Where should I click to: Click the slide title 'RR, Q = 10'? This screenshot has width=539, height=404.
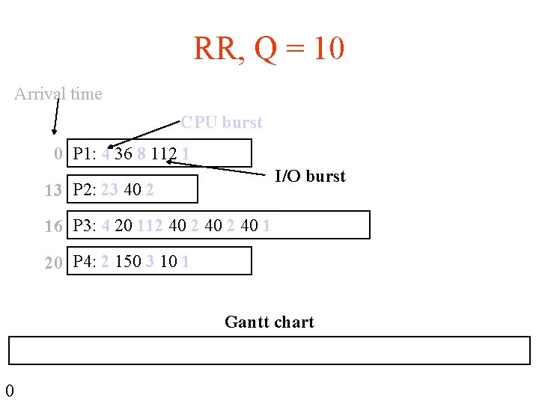pos(269,49)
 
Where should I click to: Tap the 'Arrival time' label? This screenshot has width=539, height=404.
pos(58,94)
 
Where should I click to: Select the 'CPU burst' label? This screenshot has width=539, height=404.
pos(222,122)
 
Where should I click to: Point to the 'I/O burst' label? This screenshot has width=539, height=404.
pos(310,177)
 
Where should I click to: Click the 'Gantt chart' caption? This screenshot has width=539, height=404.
pos(269,322)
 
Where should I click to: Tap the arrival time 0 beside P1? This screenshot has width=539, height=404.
pos(58,155)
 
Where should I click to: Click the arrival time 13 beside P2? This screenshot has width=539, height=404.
pos(53,190)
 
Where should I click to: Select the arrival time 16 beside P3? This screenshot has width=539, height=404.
pos(53,226)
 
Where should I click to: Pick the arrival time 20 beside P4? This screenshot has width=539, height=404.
pos(53,262)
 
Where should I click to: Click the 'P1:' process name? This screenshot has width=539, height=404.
pos(85,155)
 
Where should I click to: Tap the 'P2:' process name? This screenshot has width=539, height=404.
pos(85,190)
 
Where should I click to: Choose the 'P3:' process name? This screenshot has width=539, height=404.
pos(85,226)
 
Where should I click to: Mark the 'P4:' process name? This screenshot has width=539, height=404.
pos(85,262)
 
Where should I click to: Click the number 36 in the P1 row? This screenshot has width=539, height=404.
pos(124,155)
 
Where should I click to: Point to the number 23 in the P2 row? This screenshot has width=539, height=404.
pos(109,190)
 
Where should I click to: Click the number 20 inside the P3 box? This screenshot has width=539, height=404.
pos(124,226)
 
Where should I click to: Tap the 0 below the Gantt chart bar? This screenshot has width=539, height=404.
pos(9,390)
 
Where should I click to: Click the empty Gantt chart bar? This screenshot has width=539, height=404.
pos(269,350)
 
